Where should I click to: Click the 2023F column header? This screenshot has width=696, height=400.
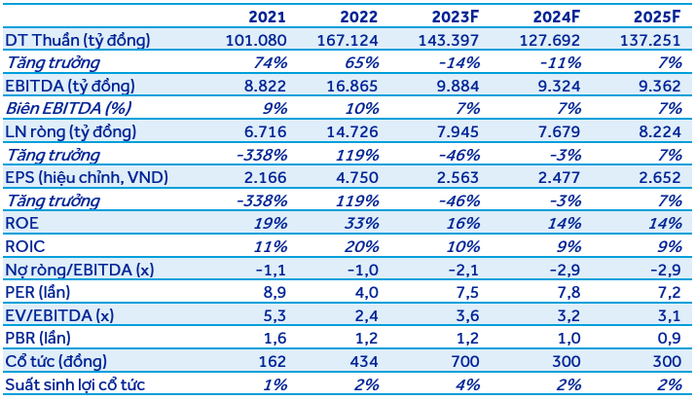(x=456, y=17)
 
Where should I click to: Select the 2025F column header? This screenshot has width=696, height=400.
(x=657, y=17)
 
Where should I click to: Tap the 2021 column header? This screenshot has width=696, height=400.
(x=267, y=17)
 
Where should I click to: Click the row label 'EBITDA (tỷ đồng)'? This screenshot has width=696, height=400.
(x=70, y=86)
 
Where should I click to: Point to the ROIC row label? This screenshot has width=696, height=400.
(x=25, y=246)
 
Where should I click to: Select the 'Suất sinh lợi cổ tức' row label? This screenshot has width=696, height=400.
(x=75, y=384)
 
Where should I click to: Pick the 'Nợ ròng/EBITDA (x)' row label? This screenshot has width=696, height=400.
(x=80, y=270)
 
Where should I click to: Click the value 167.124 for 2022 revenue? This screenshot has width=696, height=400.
(x=348, y=41)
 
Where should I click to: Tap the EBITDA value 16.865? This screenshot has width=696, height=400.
(x=352, y=86)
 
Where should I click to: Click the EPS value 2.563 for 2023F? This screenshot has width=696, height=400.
(x=458, y=177)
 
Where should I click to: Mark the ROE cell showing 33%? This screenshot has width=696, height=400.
(x=362, y=223)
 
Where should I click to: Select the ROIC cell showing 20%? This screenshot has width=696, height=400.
(x=362, y=246)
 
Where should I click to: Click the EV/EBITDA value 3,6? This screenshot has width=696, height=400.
(x=467, y=315)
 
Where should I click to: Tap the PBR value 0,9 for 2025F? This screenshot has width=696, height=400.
(x=669, y=339)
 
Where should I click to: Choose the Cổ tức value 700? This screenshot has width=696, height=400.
(x=464, y=361)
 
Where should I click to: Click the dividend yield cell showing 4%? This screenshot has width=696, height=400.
(x=467, y=384)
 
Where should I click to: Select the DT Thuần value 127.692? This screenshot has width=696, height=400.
(x=550, y=41)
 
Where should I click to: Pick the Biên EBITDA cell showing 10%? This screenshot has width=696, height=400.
(x=362, y=109)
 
